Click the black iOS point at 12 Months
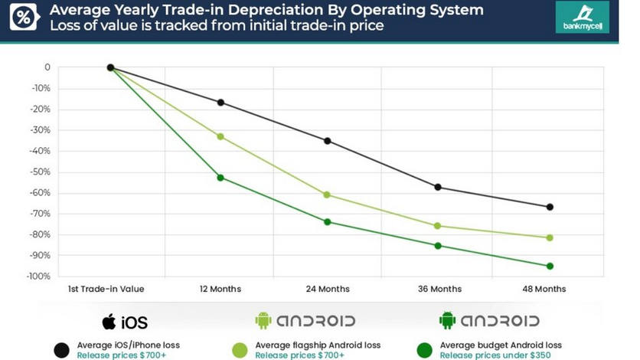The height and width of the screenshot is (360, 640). pos(221,103)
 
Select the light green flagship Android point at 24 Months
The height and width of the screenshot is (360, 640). pos(328,195)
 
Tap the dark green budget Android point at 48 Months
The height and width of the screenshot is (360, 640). pos(550,266)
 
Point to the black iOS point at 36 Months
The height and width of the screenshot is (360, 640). pos(438,187)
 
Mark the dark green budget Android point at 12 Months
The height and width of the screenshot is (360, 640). pos(221,178)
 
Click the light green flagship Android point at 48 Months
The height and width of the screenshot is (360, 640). pos(550,237)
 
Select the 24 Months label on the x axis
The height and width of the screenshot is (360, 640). pos(328,289)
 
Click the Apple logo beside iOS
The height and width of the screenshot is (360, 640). pos(109,320)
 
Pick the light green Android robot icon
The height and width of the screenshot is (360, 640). pos(263,320)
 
